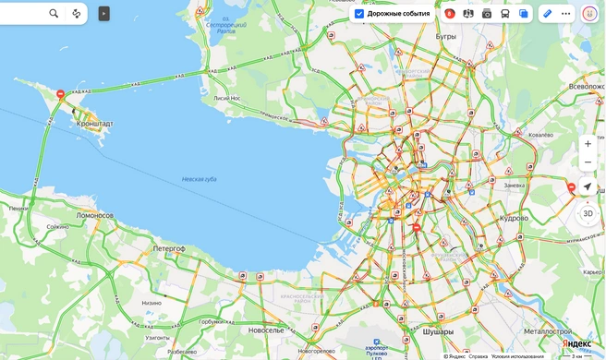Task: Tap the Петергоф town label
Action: coord(170,248)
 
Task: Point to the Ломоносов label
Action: coord(94,215)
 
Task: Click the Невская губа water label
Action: coord(199,178)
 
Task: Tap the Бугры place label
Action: coord(446,36)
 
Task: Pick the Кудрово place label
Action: coord(514,219)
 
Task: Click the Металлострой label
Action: coord(548,330)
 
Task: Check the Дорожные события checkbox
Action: coord(359,14)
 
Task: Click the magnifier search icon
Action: coord(54,14)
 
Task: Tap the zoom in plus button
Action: coord(588,144)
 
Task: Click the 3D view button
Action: coord(588,213)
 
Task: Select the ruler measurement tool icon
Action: coord(547,14)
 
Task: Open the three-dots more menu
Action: coord(566,14)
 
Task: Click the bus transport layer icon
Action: coord(505,14)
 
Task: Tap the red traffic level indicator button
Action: coord(450,14)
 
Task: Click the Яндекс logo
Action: coord(577,343)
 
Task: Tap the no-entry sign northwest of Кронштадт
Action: coord(60,94)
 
